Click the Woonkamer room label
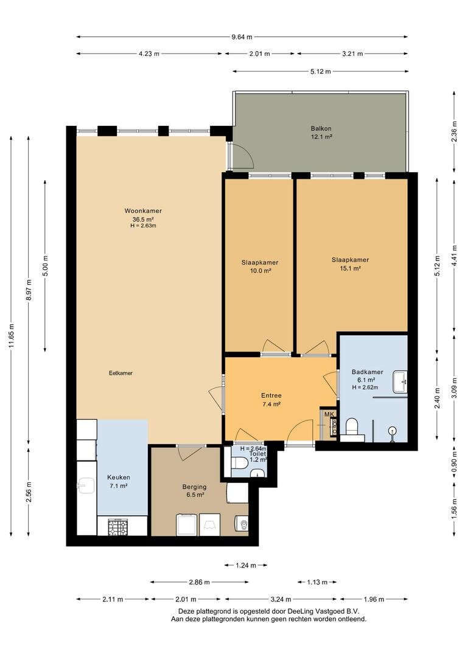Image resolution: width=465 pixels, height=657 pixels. [142, 210]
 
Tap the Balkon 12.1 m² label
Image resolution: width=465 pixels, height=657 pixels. [321, 133]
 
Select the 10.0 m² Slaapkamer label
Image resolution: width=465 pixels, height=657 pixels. [259, 266]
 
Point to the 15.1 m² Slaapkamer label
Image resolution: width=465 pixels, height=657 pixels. [350, 264]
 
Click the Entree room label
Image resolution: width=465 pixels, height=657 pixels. [271, 395]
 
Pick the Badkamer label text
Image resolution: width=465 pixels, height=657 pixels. [367, 372]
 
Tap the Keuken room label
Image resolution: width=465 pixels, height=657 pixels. [118, 478]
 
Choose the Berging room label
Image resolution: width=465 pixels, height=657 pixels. [194, 487]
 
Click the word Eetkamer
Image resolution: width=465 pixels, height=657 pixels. [121, 373]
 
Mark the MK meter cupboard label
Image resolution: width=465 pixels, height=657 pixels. [329, 414]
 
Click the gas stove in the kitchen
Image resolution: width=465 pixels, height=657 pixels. [117, 527]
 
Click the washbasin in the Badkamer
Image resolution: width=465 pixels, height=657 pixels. [400, 381]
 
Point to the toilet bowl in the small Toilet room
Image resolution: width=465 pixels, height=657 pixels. [239, 464]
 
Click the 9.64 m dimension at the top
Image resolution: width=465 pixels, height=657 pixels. [242, 37]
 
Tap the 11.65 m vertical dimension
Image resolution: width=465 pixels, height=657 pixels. [12, 336]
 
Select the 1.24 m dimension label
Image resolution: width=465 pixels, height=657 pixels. [246, 566]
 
